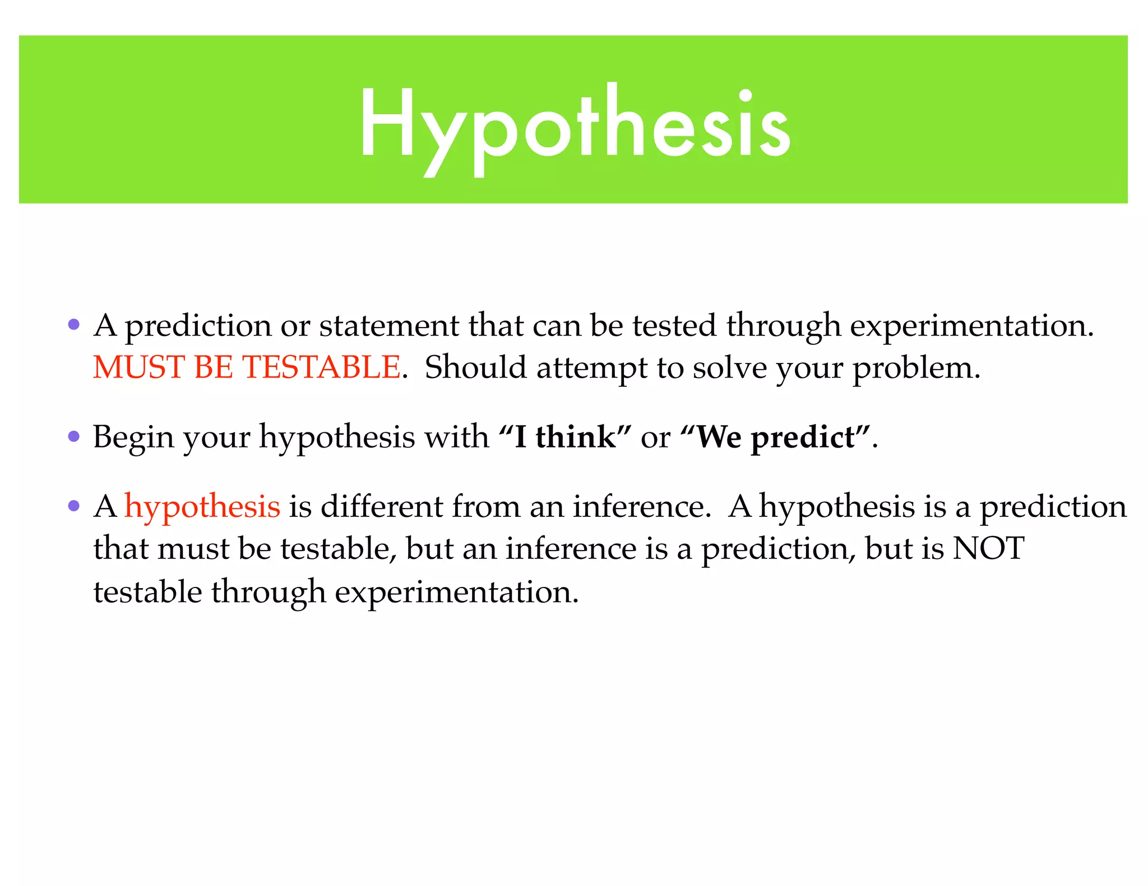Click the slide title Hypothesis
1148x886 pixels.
tap(574, 126)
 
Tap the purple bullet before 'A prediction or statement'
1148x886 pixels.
tap(73, 324)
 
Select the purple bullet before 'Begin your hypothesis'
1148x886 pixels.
tap(73, 436)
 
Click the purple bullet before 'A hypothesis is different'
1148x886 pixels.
tap(73, 506)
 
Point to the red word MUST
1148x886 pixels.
tap(139, 368)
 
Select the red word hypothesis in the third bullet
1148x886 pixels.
tap(202, 507)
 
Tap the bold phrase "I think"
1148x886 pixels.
tap(564, 437)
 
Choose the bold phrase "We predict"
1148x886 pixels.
tap(776, 437)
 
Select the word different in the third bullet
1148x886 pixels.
tap(382, 506)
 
